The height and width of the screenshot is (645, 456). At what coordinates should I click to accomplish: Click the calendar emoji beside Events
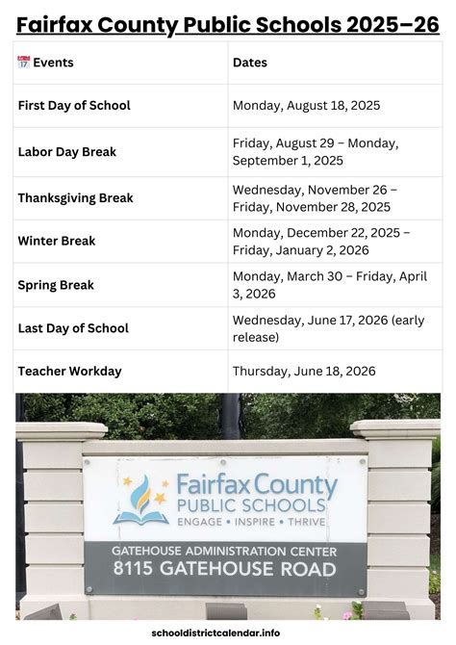coord(24,63)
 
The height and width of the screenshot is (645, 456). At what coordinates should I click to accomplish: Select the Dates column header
coord(250,63)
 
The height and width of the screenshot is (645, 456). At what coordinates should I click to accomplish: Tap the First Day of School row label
coord(74,105)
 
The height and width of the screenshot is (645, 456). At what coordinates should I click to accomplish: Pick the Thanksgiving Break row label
coord(75,198)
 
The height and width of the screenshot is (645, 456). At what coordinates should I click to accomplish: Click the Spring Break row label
coord(56,285)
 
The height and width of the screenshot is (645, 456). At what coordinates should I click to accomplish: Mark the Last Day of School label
coord(73,328)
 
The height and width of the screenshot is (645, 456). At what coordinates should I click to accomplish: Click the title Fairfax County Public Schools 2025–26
coord(227,22)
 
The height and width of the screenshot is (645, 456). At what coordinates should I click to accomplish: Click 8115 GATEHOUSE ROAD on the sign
coord(225,570)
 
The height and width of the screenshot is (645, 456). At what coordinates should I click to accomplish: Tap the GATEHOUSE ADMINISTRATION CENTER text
coord(225,552)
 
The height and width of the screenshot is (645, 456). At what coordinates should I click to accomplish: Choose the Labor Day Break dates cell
coord(315,151)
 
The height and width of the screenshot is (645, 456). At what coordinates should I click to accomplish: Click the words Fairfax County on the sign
coord(257,484)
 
